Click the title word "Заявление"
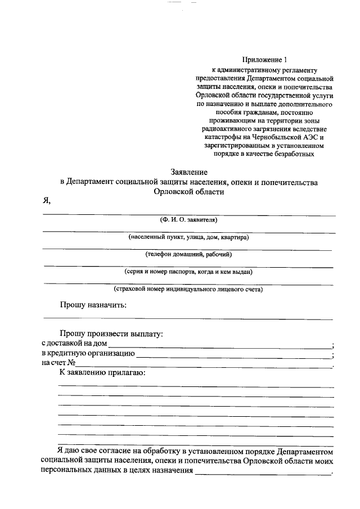189,172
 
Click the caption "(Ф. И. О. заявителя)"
188,219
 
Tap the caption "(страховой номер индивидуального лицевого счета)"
188,290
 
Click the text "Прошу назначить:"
93,305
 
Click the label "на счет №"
58,363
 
